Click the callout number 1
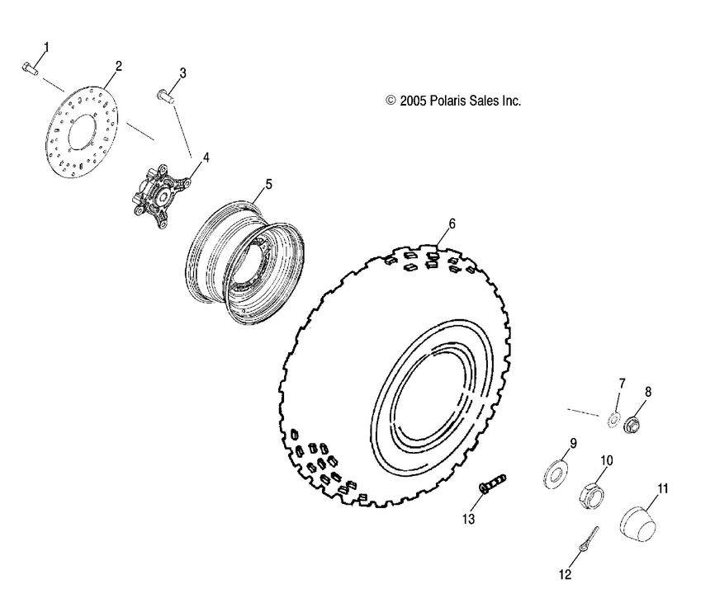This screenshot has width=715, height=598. pyautogui.click(x=46, y=47)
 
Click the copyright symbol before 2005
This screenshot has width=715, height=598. pyautogui.click(x=391, y=101)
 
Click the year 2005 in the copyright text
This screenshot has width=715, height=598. pyautogui.click(x=414, y=101)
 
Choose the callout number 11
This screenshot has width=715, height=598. pyautogui.click(x=662, y=488)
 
